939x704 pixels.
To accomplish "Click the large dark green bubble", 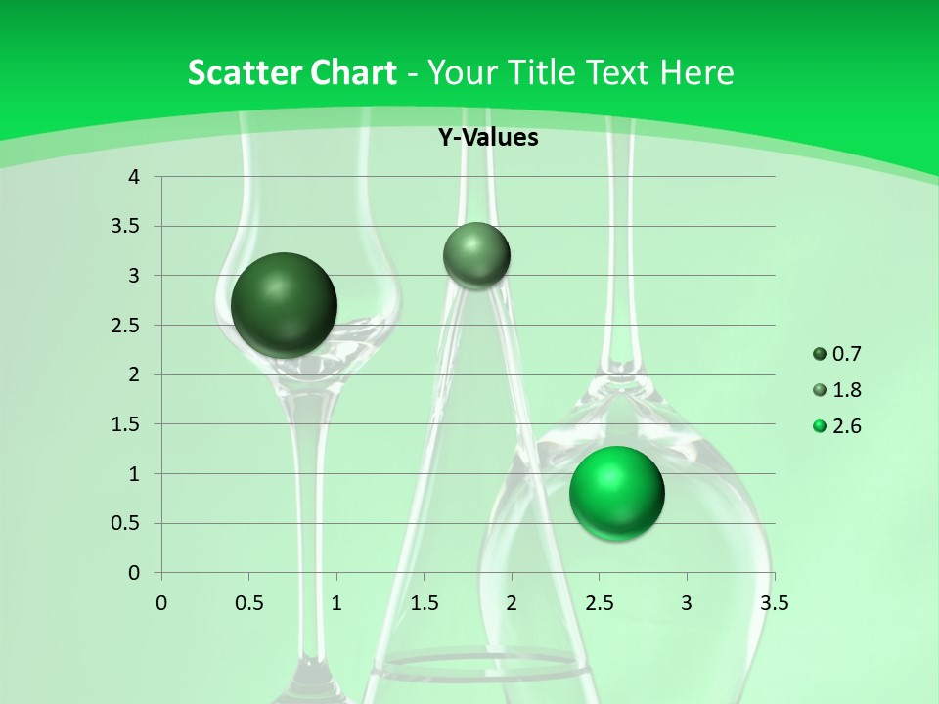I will tap(284, 305).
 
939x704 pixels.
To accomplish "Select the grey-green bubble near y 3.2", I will tap(476, 255).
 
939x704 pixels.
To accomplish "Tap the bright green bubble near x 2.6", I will tap(616, 493).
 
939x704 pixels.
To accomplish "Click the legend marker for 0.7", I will tap(820, 354).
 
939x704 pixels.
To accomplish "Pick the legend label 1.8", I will tap(846, 390).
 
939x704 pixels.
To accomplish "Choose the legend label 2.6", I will tap(846, 426).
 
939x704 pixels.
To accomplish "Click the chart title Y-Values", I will tap(487, 138).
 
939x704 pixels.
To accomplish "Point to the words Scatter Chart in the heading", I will tap(291, 72).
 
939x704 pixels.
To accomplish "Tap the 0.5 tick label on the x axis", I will tap(248, 603).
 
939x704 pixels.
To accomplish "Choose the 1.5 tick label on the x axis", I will tap(424, 603).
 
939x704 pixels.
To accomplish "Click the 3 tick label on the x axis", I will tap(687, 603).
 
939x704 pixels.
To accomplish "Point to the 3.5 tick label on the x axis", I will tap(774, 603).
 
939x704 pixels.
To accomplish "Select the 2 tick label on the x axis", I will tap(512, 603).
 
